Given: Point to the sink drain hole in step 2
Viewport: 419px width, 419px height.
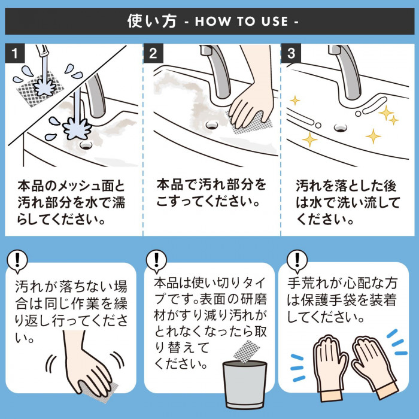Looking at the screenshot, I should coord(210,125).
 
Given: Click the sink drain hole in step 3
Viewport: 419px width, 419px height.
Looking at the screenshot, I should coord(340,126).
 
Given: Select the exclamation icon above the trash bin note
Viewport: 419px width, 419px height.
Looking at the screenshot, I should coord(156,259).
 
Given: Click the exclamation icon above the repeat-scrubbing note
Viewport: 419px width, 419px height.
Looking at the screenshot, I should coord(19,259).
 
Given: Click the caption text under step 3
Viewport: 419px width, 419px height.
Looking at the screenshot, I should coord(347,202).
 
